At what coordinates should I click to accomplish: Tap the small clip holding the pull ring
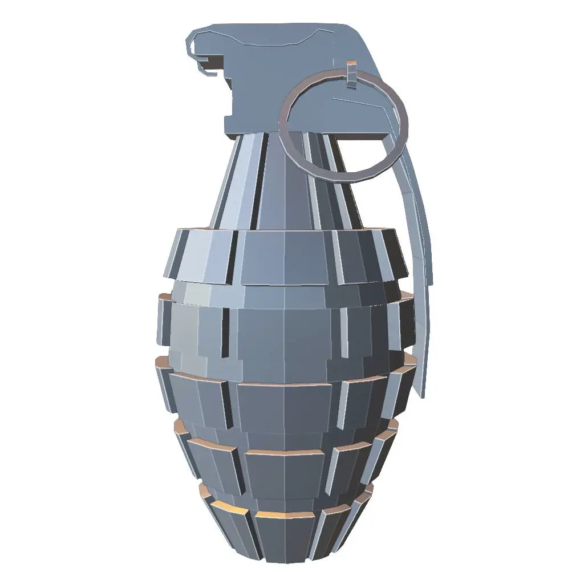351,74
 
